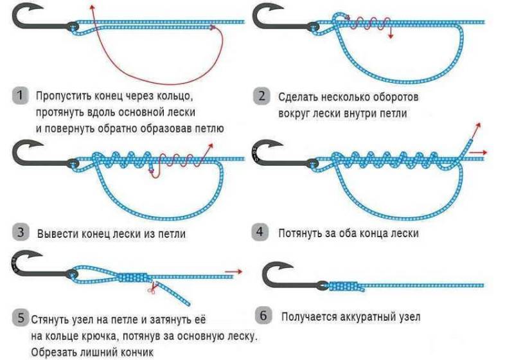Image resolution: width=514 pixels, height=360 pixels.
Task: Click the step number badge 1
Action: tap(20, 96)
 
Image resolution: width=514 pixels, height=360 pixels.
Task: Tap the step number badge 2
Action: tap(261, 96)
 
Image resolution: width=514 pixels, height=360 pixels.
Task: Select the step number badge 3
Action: tap(21, 232)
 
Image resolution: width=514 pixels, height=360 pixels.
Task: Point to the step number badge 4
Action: tap(260, 232)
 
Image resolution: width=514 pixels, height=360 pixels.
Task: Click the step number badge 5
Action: tap(21, 318)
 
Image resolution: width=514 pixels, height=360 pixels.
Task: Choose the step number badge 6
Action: tap(263, 316)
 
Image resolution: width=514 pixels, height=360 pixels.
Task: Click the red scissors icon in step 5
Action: tap(153, 287)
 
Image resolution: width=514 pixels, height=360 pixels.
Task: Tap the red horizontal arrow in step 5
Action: tap(234, 271)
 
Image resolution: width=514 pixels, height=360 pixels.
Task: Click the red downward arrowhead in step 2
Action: tap(390, 36)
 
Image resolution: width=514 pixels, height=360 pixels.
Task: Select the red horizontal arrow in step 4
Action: tap(478, 152)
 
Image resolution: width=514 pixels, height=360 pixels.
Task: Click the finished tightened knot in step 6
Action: tap(346, 286)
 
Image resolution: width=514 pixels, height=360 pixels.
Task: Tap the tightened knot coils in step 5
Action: tap(134, 278)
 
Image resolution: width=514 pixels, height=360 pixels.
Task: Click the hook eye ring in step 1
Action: tap(73, 26)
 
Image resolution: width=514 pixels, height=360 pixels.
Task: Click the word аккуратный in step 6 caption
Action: tap(368, 317)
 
